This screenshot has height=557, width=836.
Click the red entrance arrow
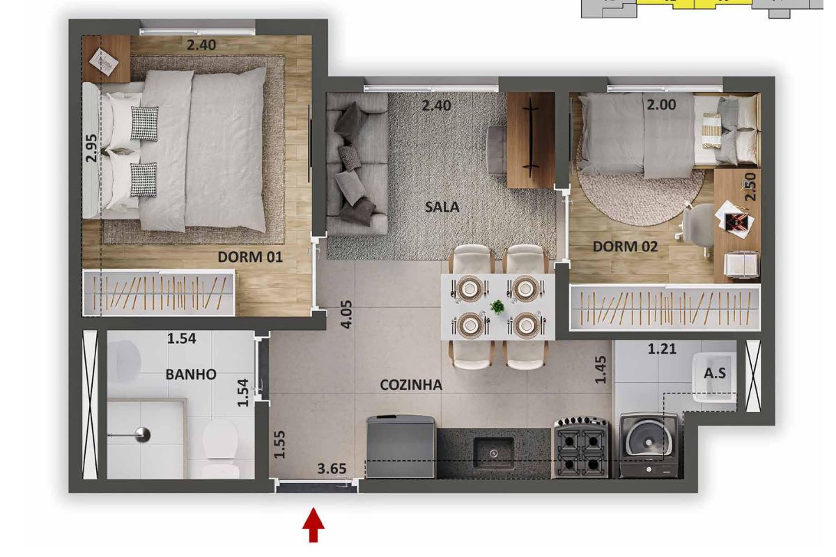(x=313, y=524)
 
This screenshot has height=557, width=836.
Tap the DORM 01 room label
(x=250, y=257)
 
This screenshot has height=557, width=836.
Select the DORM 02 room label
(x=625, y=246)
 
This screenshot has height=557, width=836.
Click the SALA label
(x=442, y=207)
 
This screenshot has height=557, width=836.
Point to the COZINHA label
(x=411, y=384)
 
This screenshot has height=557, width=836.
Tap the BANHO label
(x=191, y=374)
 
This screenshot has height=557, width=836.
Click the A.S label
(x=715, y=372)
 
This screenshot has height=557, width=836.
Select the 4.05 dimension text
(x=346, y=315)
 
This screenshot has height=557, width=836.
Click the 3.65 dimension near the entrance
(x=332, y=468)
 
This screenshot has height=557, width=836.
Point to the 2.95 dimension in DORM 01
(x=91, y=148)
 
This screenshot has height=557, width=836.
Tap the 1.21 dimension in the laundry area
(x=662, y=349)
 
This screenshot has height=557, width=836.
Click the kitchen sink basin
(x=493, y=454)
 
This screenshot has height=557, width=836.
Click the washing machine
(x=649, y=445)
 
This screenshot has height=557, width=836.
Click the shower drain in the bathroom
(x=142, y=434)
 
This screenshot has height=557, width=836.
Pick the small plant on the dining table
(x=497, y=306)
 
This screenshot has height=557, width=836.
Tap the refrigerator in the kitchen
(x=400, y=446)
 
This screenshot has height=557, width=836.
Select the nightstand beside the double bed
(x=107, y=59)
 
